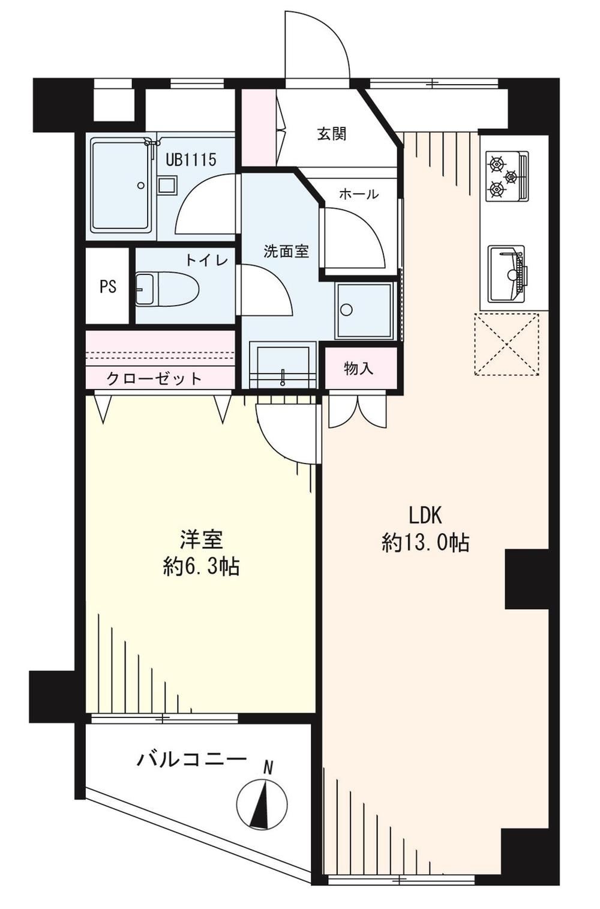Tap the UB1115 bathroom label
[191, 160]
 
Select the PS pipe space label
[108, 287]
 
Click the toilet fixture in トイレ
[167, 289]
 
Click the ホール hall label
[358, 195]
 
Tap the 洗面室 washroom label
[286, 252]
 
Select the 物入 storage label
[358, 369]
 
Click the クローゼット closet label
[154, 379]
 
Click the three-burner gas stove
[508, 176]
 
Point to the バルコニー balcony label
[191, 758]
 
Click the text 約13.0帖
[425, 543]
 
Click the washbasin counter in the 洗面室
[283, 365]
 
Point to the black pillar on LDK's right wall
[527, 579]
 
